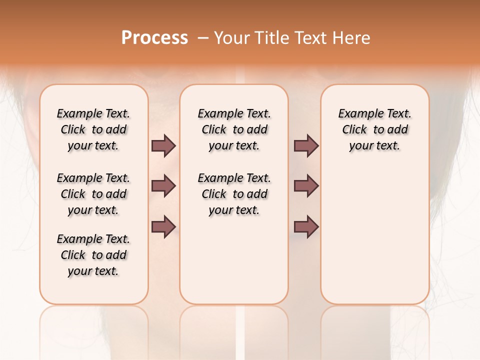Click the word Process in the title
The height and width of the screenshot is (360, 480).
click(154, 38)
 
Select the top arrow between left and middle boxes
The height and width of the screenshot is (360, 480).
click(163, 145)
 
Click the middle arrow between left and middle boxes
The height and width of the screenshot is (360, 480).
click(163, 186)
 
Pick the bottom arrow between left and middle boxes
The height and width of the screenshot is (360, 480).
click(163, 226)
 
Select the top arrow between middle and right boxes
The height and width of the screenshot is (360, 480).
click(306, 145)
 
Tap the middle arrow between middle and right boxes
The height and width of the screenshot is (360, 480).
click(306, 186)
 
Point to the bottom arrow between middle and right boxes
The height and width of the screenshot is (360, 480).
click(306, 226)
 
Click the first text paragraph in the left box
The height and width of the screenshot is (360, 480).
click(93, 129)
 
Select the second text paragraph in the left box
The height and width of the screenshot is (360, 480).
click(93, 194)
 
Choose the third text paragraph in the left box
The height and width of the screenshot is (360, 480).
click(93, 255)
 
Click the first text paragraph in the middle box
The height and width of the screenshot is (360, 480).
click(234, 129)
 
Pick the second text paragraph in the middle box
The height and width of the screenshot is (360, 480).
click(234, 194)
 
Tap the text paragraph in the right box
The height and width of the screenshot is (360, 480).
click(374, 129)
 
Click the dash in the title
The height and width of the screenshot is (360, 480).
click(203, 38)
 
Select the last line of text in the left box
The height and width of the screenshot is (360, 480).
click(93, 271)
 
